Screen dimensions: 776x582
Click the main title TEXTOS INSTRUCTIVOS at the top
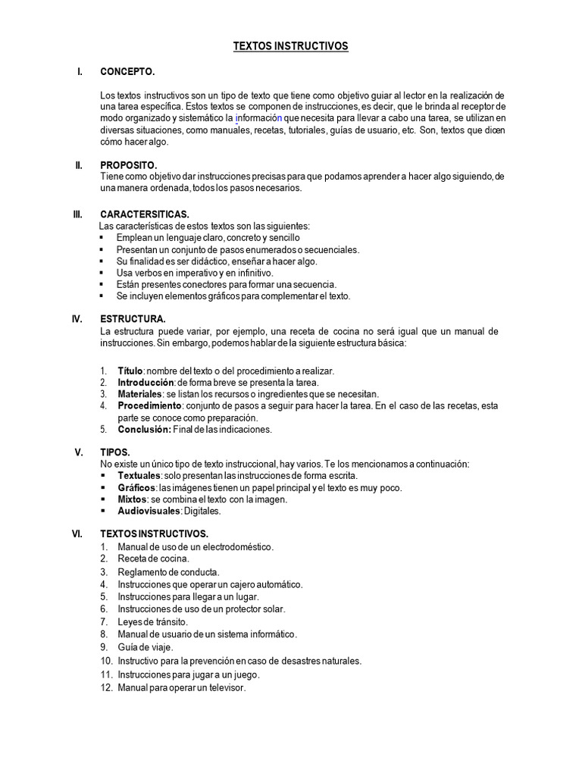tap(290, 46)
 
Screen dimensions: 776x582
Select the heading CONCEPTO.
tap(127, 71)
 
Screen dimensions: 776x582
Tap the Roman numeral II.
tap(78, 165)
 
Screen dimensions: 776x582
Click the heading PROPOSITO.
tap(129, 165)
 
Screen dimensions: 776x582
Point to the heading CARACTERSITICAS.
tap(145, 214)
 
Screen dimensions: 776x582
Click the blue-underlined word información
tap(258, 118)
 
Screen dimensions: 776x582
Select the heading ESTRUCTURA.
tap(133, 319)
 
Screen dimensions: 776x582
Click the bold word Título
tap(130, 371)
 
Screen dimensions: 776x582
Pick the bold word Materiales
tap(139, 394)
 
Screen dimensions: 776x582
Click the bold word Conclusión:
tap(144, 430)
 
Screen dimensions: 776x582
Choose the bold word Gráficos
tap(136, 487)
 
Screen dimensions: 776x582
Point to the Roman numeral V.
tap(78, 452)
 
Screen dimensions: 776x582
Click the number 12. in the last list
tap(106, 687)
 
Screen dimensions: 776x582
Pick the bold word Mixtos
tap(133, 499)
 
